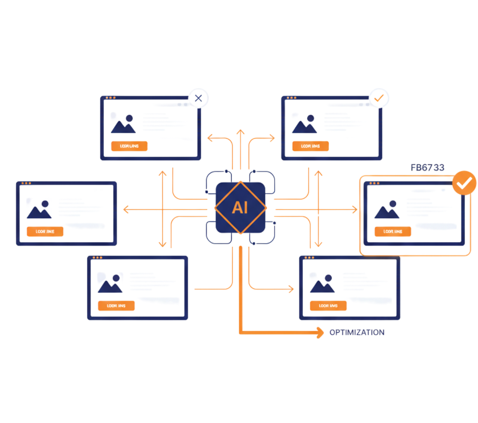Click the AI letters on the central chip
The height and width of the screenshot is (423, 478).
[x=240, y=207]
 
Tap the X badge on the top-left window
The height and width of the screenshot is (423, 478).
[x=198, y=98]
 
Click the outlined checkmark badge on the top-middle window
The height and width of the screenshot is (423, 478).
[x=379, y=98]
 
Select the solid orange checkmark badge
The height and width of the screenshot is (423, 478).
[x=464, y=183]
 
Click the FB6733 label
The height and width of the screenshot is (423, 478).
[x=427, y=167]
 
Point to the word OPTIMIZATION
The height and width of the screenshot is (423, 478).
[x=357, y=332]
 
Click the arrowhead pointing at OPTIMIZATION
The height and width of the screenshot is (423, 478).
[x=320, y=332]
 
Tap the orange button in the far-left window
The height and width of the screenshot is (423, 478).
[x=45, y=232]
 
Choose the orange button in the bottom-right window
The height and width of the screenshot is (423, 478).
[x=328, y=306]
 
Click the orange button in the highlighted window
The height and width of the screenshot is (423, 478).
[x=392, y=232]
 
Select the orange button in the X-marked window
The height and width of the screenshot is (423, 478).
[x=129, y=146]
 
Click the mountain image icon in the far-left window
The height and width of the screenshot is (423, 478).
[x=39, y=209]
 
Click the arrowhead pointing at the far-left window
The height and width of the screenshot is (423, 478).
[x=126, y=210]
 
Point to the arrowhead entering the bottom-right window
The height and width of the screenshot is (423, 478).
[x=291, y=289]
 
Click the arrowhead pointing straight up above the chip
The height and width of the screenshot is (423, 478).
[x=240, y=132]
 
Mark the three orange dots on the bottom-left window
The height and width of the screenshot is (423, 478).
[x=97, y=257]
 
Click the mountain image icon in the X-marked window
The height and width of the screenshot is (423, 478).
[x=123, y=124]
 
